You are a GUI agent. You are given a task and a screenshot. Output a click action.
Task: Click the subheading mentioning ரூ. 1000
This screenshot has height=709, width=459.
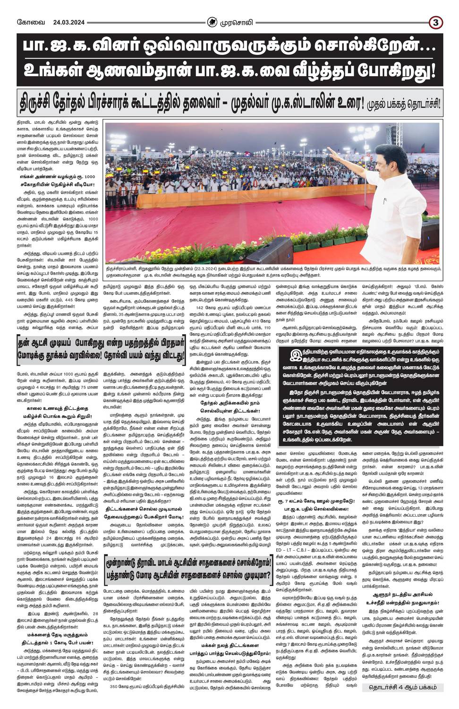[55, 176]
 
